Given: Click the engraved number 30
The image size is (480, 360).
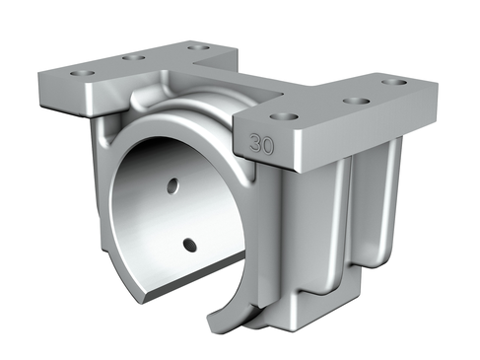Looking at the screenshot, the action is click(261, 144).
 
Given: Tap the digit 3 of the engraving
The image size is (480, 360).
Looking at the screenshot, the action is click(255, 143).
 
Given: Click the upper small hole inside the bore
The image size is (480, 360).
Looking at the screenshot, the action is click(173, 186).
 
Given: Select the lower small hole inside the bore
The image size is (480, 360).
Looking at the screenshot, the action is click(190, 245).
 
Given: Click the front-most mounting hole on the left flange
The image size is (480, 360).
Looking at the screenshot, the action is click(83, 72).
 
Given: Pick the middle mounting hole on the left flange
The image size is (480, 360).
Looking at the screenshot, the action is click(134, 58).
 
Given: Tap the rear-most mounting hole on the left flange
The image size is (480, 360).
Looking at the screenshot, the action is click(199, 47).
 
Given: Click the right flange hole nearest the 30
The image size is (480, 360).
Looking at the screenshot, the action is click(284, 116).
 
